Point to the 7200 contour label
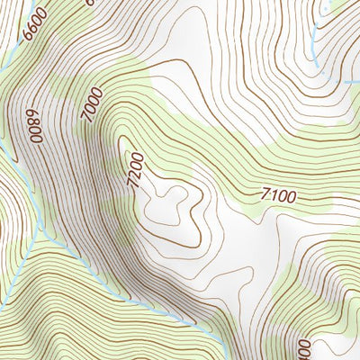(133, 169)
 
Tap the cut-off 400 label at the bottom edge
(301, 348)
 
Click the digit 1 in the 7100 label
(274, 193)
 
